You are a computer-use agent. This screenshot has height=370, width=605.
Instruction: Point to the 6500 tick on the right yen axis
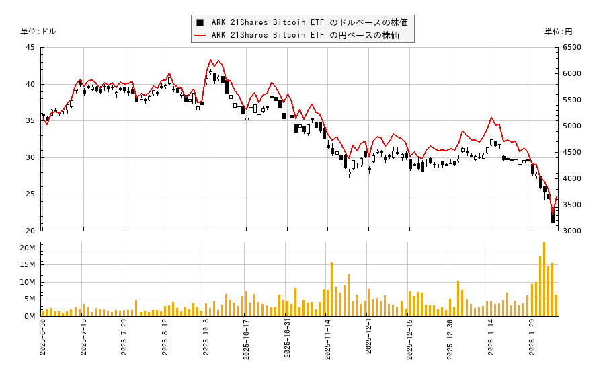point(572,48)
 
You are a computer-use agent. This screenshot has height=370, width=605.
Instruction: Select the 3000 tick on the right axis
point(572,231)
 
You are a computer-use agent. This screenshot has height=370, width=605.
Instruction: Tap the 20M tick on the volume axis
point(28,248)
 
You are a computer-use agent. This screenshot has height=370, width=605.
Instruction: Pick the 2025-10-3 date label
point(207,340)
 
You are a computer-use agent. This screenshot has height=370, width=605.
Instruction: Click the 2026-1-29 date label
point(532,340)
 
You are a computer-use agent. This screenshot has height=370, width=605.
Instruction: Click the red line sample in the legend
point(200,34)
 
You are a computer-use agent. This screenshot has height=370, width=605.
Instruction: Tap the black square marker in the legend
point(200,22)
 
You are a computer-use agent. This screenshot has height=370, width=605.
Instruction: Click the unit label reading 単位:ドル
point(38,32)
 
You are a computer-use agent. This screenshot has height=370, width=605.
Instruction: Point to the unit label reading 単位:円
point(558,32)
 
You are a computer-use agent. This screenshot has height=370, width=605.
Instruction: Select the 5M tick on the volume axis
point(30,299)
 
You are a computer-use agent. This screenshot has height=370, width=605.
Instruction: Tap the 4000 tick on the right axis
point(572,179)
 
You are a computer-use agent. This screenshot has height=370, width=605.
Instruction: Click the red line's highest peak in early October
point(210,60)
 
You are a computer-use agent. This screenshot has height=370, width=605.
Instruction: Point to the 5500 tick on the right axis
point(572,100)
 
